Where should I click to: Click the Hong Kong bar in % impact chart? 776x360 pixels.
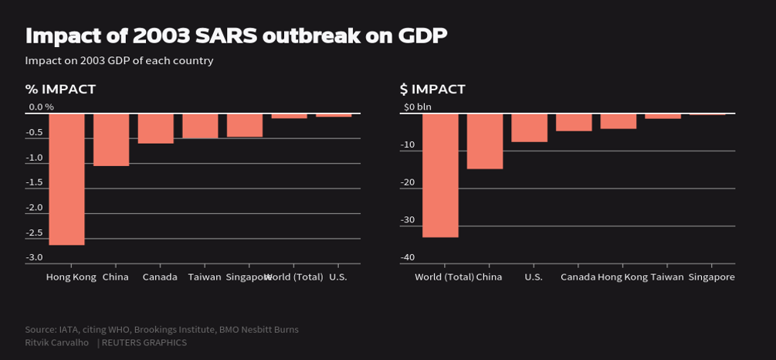pyautogui.click(x=66, y=179)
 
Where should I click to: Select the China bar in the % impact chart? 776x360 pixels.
pyautogui.click(x=111, y=140)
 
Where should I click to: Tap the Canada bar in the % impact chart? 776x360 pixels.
pyautogui.click(x=156, y=128)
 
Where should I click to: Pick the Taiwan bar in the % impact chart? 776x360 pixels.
pyautogui.click(x=200, y=126)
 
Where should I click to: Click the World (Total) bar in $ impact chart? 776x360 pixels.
pyautogui.click(x=440, y=175)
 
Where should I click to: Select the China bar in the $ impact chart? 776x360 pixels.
pyautogui.click(x=485, y=141)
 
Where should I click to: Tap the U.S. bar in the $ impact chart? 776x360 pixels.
pyautogui.click(x=530, y=128)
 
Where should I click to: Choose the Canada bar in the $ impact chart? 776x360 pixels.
pyautogui.click(x=574, y=123)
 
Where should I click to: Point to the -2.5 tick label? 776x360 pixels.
pyautogui.click(x=35, y=233)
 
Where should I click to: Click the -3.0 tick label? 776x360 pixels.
pyautogui.click(x=35, y=257)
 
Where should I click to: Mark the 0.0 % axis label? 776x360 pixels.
pyautogui.click(x=41, y=107)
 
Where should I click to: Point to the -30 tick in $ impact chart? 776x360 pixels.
pyautogui.click(x=408, y=220)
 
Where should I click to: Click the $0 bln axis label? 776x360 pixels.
pyautogui.click(x=418, y=107)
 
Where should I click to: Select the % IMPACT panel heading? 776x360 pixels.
pyautogui.click(x=60, y=90)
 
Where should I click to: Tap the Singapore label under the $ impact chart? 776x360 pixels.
pyautogui.click(x=711, y=277)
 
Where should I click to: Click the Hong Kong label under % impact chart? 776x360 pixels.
pyautogui.click(x=71, y=277)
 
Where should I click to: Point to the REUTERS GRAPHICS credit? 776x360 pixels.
pyautogui.click(x=144, y=342)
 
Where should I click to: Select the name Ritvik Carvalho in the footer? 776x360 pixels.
pyautogui.click(x=56, y=342)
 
